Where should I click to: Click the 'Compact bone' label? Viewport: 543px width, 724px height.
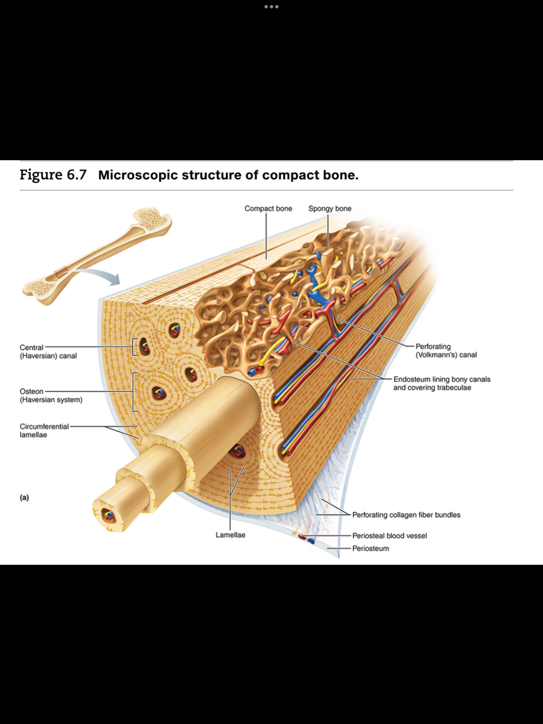pos(268,208)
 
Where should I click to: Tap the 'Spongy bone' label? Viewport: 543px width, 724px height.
pos(330,208)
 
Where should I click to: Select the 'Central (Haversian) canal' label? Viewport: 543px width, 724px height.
pos(48,352)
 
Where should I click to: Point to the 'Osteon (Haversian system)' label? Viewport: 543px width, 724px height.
pos(51,396)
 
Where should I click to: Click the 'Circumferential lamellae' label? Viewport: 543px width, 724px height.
pos(44,431)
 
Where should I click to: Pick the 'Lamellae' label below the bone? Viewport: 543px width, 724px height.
pos(230,535)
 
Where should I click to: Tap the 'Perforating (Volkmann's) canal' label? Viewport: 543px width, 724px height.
pos(446,351)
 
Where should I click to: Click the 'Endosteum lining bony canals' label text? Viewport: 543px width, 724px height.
pos(442,379)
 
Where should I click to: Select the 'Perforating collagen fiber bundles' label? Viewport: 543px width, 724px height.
pos(406,515)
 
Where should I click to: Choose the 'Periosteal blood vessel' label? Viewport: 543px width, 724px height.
pos(389,536)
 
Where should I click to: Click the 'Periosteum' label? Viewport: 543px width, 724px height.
pos(370,548)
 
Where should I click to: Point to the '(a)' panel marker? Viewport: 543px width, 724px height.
pos(24,497)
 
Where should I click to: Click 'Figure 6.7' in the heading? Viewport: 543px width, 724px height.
pos(53,175)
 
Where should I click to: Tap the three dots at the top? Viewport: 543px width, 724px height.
pos(271,7)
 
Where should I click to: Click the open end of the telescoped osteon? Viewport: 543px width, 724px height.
pos(108,515)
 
